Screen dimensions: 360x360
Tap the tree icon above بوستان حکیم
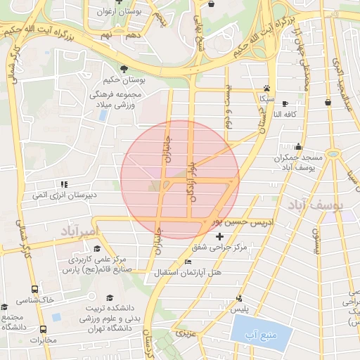(124, 69)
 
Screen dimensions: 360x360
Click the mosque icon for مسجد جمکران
(299, 147)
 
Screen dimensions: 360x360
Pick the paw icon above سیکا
(266, 89)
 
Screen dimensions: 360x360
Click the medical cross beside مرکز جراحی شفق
(220, 236)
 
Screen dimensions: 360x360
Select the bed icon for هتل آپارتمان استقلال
(187, 262)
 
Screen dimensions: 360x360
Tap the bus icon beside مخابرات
(43, 329)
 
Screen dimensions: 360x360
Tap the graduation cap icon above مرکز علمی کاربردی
(96, 248)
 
